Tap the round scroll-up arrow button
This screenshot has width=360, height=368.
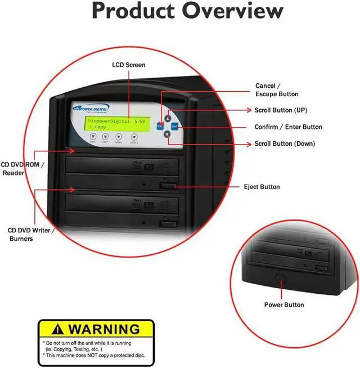pyautogui.click(x=168, y=118)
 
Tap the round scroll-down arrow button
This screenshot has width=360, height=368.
pyautogui.click(x=167, y=134)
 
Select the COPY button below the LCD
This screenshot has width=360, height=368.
pyautogui.click(x=92, y=137)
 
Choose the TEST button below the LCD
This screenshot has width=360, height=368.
pyautogui.click(x=105, y=137)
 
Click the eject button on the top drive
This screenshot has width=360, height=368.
pyautogui.click(x=168, y=185)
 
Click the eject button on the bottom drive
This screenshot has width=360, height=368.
pyautogui.click(x=166, y=225)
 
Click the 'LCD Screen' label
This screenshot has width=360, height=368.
pyautogui.click(x=129, y=65)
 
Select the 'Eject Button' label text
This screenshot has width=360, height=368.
pyautogui.click(x=262, y=187)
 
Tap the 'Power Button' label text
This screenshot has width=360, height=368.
pyautogui.click(x=284, y=305)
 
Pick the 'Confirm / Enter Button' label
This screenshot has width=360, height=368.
pyautogui.click(x=288, y=127)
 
